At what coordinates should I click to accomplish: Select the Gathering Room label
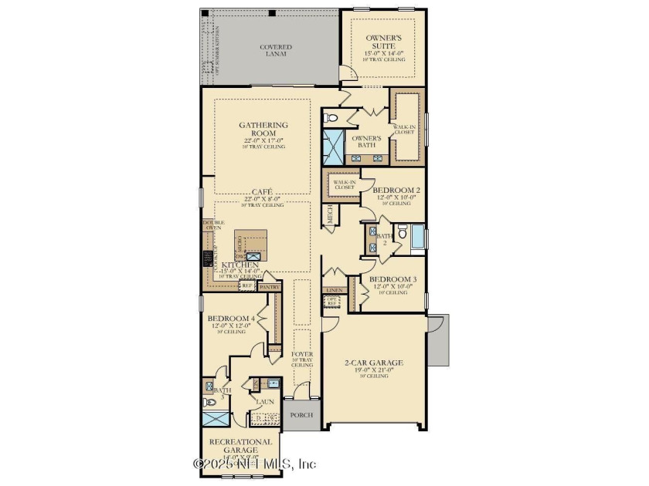tap(263, 130)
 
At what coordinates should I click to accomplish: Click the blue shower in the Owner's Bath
tap(335, 144)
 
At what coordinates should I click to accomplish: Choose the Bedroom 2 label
tap(396, 190)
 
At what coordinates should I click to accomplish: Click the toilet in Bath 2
tap(402, 231)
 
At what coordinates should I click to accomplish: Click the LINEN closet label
tap(334, 291)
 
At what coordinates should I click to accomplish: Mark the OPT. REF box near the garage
tap(332, 302)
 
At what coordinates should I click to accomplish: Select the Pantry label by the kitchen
tap(270, 286)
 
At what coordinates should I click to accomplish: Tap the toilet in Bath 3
tap(208, 402)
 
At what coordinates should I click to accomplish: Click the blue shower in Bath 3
tap(216, 419)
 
